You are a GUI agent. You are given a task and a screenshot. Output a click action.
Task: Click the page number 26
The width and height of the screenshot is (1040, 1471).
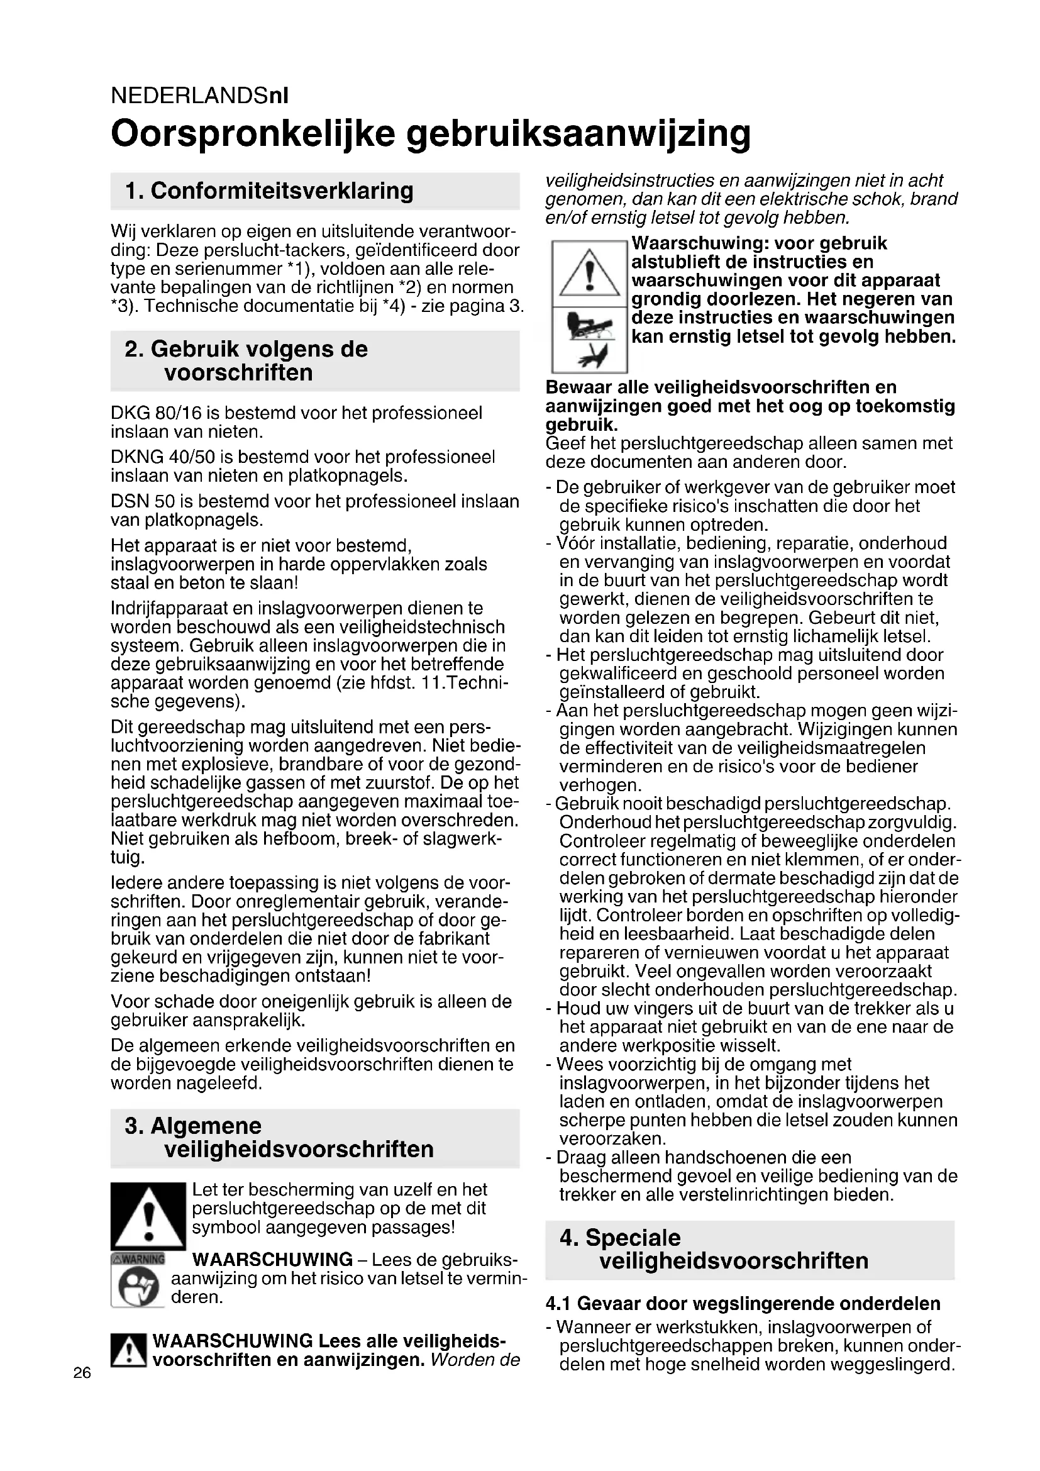[82, 1373]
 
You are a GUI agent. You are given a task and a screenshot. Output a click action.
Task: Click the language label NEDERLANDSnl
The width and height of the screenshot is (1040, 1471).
[199, 96]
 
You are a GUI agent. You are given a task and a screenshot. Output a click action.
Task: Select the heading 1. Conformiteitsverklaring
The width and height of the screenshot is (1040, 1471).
[269, 191]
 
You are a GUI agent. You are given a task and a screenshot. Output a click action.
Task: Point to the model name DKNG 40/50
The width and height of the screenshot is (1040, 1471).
[163, 457]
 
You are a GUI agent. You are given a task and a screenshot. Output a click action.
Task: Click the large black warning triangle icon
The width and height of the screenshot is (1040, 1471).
[148, 1216]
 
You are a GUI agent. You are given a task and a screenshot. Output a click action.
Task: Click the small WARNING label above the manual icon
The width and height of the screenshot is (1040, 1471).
[138, 1258]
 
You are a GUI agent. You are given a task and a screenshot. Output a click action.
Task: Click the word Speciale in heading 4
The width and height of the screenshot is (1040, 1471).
[633, 1238]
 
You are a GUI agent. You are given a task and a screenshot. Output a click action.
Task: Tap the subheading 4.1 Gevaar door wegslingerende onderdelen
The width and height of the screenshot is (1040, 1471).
[743, 1304]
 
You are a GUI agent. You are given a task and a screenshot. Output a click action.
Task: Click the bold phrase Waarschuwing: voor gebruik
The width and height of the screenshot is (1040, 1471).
[760, 243]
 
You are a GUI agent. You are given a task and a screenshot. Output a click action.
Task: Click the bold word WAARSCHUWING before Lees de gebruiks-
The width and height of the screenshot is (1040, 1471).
[272, 1260]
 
